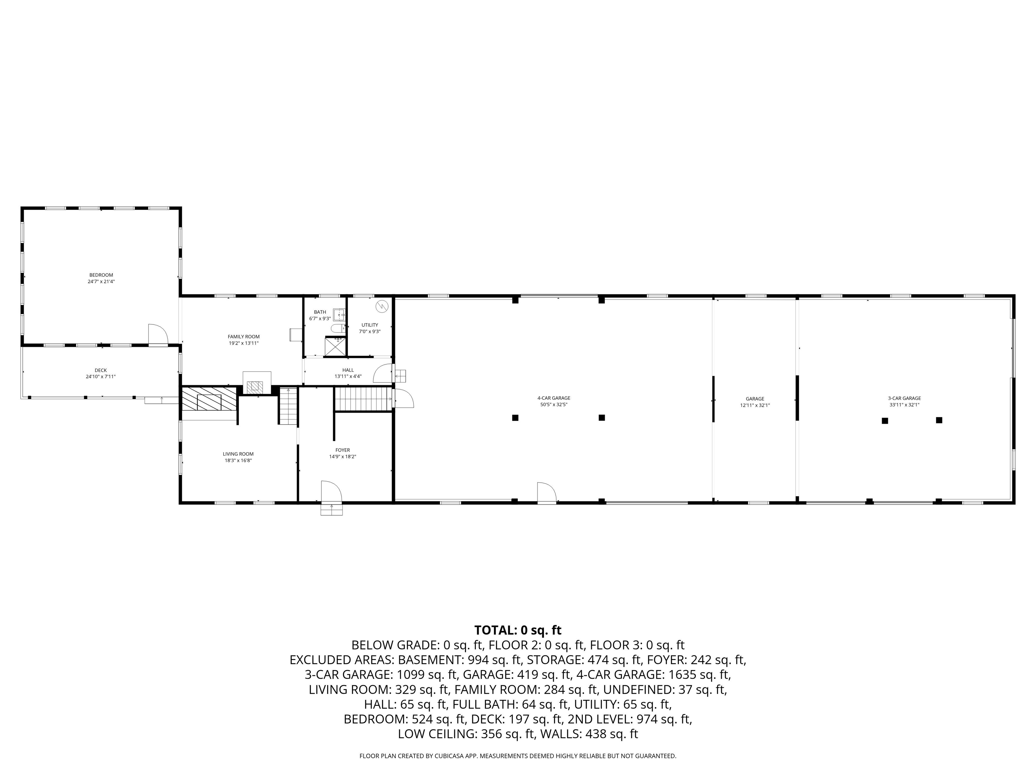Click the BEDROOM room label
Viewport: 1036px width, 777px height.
point(101,275)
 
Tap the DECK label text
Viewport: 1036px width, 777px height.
point(101,371)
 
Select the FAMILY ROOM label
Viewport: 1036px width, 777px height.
point(243,337)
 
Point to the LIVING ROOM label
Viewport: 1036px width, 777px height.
point(238,454)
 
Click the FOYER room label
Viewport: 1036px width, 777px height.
point(342,450)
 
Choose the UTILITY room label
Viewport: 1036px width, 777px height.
point(370,325)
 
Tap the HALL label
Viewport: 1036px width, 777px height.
point(348,370)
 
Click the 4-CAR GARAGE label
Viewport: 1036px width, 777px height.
point(554,398)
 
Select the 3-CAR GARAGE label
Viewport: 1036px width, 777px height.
point(904,399)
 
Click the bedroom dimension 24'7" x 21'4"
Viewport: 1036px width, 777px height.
point(101,282)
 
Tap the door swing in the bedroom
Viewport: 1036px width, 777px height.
point(157,334)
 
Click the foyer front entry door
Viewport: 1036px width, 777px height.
point(331,492)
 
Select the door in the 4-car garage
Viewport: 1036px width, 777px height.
point(546,493)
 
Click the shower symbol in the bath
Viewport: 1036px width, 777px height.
point(335,346)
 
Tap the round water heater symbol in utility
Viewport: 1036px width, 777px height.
point(382,306)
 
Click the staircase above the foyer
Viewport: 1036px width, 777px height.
point(363,399)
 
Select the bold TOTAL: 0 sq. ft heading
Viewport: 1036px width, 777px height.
point(518,630)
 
